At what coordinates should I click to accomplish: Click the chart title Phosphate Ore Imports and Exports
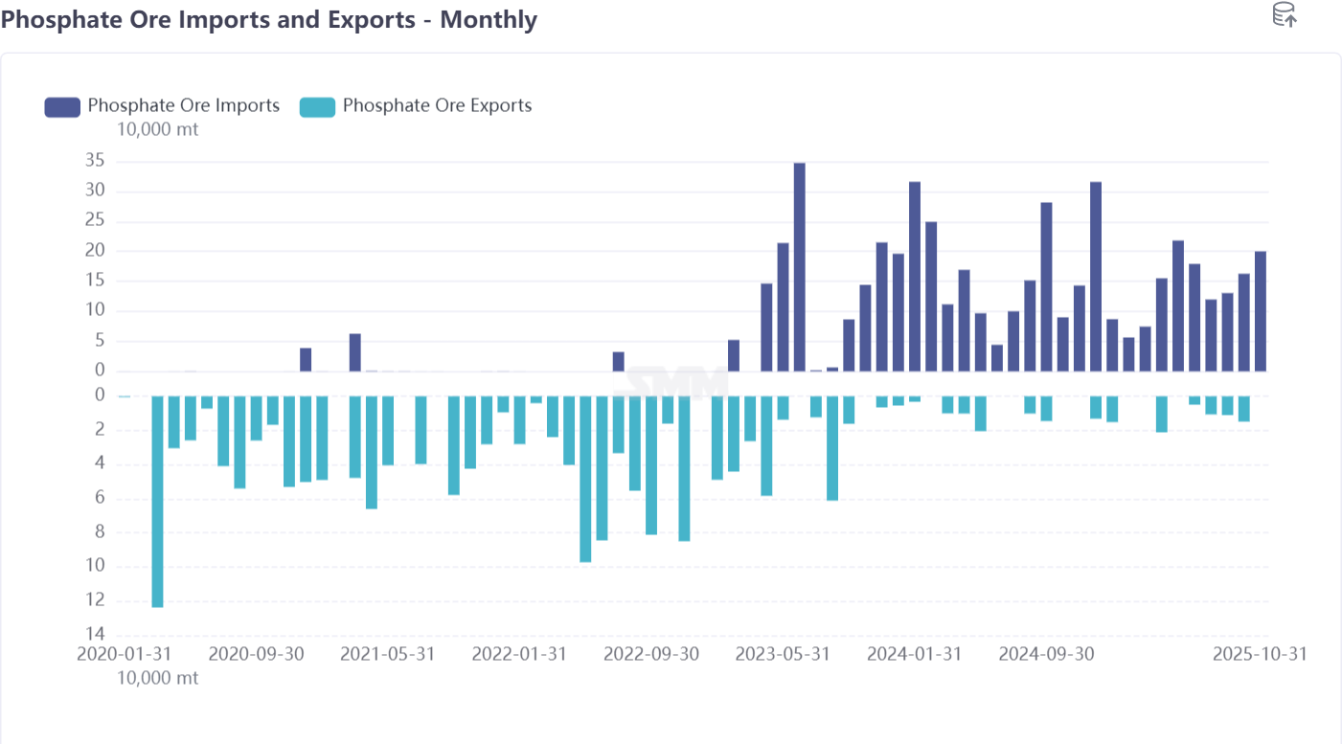coord(268,20)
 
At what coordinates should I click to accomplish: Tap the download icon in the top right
coord(1284,14)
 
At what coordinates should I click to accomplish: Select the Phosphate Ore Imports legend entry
coord(162,105)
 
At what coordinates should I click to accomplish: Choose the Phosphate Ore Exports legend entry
coord(416,105)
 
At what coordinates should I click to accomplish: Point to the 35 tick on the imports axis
coord(95,161)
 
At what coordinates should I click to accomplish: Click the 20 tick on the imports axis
coord(95,251)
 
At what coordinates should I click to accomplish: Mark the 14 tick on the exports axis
coord(95,635)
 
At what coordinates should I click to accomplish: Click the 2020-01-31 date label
coord(124,654)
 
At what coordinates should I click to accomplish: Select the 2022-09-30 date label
coord(651,654)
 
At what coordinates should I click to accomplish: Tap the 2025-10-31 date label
coord(1259,654)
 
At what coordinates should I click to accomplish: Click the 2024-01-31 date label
coord(914,654)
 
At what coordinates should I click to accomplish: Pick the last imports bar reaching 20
coord(1261,311)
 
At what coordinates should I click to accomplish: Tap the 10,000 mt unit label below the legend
coord(157,129)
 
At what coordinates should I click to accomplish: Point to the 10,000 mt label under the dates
coord(157,678)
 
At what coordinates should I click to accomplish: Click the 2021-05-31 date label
coord(388,654)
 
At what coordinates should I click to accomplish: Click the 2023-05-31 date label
coord(783,654)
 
